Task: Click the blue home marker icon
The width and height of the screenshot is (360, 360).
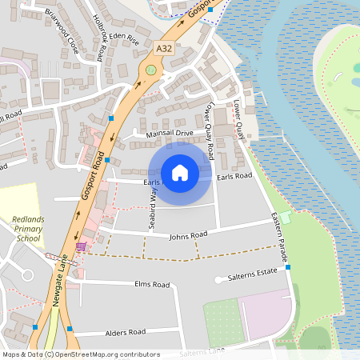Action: (x=180, y=173)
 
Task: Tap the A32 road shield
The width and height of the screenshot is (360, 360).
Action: (x=164, y=49)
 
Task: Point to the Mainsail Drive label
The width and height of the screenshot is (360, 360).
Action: (x=170, y=133)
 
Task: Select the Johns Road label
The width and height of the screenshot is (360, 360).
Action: (x=188, y=235)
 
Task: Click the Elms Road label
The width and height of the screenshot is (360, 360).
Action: (x=152, y=285)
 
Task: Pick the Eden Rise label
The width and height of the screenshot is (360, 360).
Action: (x=125, y=37)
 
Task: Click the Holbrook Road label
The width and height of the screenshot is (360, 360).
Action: (x=98, y=38)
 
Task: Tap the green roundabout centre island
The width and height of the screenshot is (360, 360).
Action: (x=150, y=70)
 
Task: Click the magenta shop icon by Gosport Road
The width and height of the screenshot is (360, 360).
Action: (x=81, y=246)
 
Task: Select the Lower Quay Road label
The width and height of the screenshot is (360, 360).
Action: (x=210, y=130)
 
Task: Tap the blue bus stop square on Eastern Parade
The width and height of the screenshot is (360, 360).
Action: (x=287, y=266)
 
